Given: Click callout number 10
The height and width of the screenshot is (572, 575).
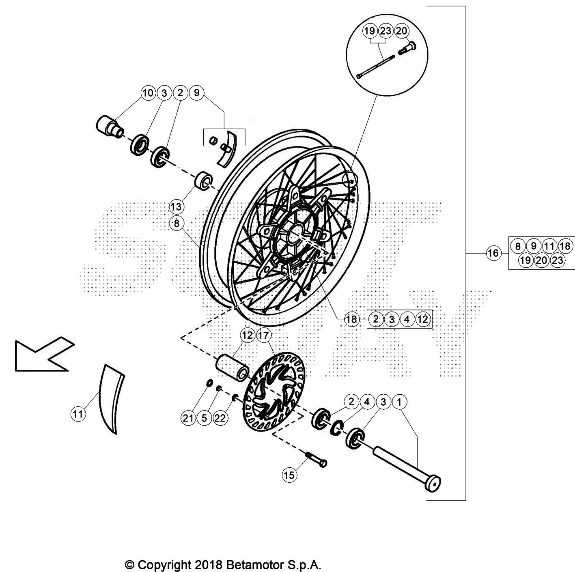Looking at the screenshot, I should point(148,93).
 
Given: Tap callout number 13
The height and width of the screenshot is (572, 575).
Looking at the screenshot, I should point(176,207).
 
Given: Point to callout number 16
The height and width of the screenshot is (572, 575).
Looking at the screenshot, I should point(493,254).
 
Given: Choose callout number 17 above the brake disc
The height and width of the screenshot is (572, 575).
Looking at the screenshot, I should point(263,335).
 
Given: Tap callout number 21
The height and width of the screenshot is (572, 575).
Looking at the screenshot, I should point(188,418).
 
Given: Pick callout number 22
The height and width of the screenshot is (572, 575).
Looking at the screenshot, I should point(220,418).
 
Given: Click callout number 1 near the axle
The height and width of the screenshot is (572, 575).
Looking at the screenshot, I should point(399,402).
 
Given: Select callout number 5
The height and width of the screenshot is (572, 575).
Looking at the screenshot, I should point(204,418).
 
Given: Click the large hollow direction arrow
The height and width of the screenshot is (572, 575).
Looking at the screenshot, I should point(43,353).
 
